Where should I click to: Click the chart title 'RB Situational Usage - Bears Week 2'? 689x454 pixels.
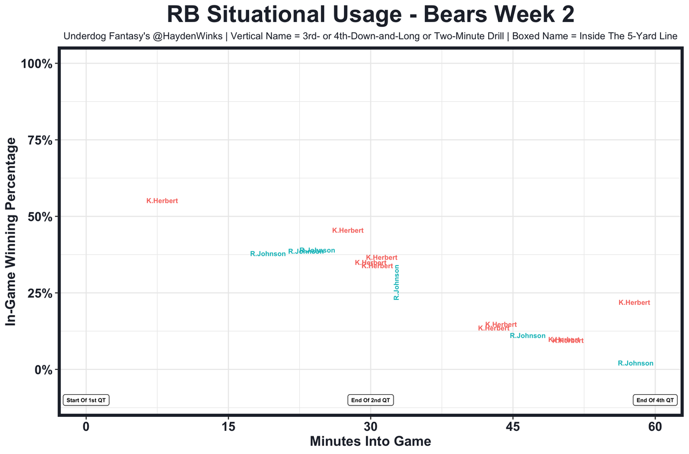370,15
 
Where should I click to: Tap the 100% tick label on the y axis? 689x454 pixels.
37,64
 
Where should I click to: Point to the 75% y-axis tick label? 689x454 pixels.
39,141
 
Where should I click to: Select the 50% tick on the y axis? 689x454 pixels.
39,217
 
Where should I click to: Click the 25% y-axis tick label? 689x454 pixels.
39,294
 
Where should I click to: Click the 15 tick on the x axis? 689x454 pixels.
228,427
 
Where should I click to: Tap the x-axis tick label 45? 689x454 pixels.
512,427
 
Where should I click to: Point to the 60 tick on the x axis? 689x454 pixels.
655,427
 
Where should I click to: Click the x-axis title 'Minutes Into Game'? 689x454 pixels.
370,442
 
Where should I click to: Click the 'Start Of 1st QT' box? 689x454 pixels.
86,400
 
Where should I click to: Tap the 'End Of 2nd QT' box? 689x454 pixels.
370,400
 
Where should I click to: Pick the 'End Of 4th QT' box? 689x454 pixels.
655,400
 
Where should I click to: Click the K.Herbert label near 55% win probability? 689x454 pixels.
162,201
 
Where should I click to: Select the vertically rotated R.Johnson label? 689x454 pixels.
397,282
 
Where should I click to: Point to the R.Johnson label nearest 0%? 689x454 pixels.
635,364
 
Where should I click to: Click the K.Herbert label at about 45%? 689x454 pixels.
348,231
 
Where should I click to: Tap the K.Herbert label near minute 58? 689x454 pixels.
634,303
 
